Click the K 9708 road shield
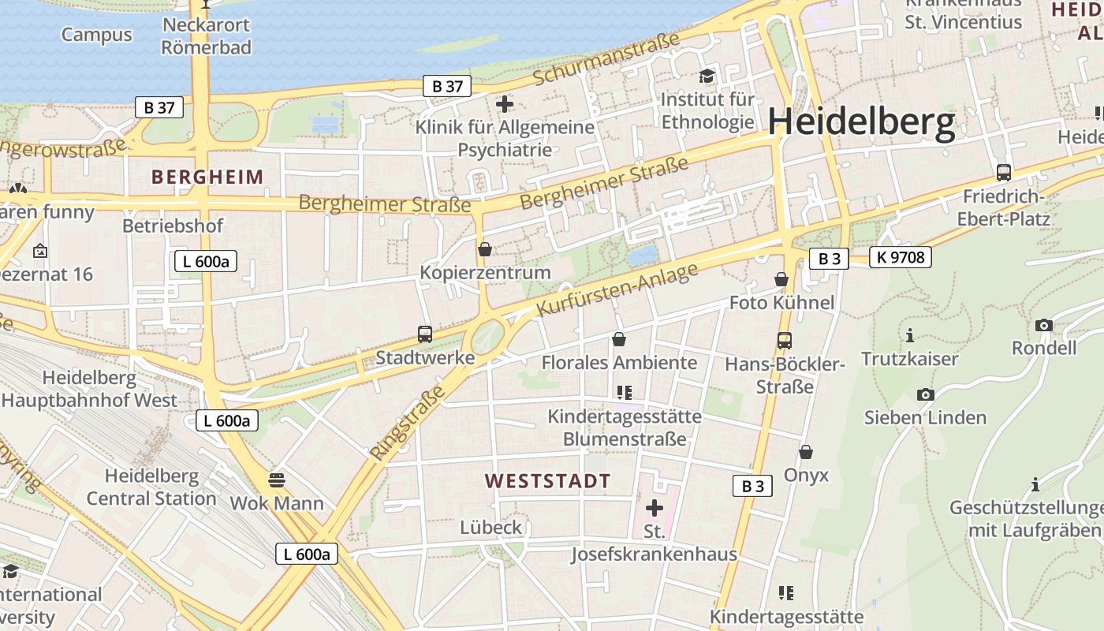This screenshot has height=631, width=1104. pyautogui.click(x=901, y=257)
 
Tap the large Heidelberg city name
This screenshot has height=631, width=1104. pyautogui.click(x=861, y=123)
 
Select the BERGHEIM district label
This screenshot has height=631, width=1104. pyautogui.click(x=207, y=177)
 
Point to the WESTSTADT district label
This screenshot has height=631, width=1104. pyautogui.click(x=547, y=481)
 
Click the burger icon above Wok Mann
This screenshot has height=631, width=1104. pyautogui.click(x=276, y=480)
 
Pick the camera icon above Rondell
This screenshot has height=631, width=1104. pyautogui.click(x=1043, y=325)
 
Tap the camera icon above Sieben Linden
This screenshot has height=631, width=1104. pyautogui.click(x=925, y=394)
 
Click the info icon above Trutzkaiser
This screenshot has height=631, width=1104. pyautogui.click(x=909, y=335)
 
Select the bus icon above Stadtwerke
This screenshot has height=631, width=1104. pyautogui.click(x=425, y=334)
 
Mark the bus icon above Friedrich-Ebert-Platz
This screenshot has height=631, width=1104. pyautogui.click(x=1003, y=172)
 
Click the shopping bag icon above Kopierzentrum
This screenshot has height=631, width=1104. pyautogui.click(x=485, y=249)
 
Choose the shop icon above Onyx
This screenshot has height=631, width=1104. pyautogui.click(x=805, y=452)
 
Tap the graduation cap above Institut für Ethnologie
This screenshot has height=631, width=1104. pyautogui.click(x=707, y=76)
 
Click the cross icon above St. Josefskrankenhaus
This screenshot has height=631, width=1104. pyautogui.click(x=654, y=508)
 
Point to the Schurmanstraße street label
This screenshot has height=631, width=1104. pyautogui.click(x=606, y=59)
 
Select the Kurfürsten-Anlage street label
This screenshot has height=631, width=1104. pyautogui.click(x=617, y=290)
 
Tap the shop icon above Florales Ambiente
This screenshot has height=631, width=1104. pyautogui.click(x=619, y=339)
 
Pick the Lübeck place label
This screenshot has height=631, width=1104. pyautogui.click(x=491, y=527)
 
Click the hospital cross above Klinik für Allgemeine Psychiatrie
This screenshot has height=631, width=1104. pyautogui.click(x=505, y=103)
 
